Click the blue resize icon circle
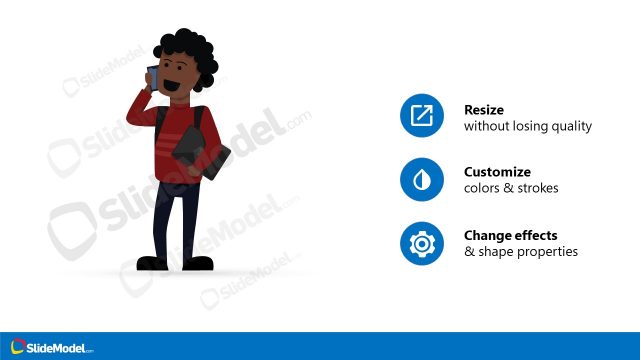421,117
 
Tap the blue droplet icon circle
421,180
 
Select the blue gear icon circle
421,243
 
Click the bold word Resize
483,110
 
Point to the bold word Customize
497,172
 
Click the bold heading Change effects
510,236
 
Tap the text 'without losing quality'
528,127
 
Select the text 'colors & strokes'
511,189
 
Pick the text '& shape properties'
520,252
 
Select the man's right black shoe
200,263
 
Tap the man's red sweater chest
180,135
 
